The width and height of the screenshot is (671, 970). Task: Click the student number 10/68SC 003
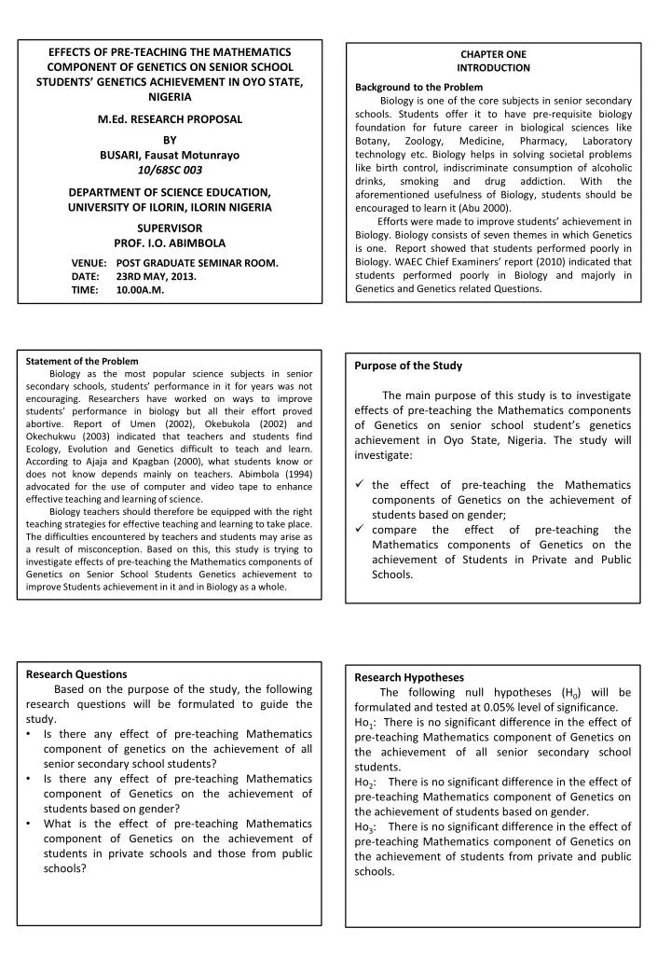[170, 170]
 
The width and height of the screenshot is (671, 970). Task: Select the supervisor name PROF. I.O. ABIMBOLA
[170, 242]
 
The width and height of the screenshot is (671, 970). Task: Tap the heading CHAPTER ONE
[493, 54]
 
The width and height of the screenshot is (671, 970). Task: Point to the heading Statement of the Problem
[82, 361]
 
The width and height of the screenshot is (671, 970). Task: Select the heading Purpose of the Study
[408, 366]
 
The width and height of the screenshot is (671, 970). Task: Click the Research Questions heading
[76, 673]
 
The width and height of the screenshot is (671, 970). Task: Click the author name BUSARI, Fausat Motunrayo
[170, 154]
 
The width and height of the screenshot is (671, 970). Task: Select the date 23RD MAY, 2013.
[157, 277]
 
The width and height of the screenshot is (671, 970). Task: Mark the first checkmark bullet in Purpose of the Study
[359, 485]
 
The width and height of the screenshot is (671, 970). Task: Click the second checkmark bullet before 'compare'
[359, 530]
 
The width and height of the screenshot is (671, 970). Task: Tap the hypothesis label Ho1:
[365, 723]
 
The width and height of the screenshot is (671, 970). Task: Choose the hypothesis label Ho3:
[365, 827]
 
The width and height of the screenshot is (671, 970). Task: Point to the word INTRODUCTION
[493, 68]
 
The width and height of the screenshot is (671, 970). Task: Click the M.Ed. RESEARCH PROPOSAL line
[170, 119]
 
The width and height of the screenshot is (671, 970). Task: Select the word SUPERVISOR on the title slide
[170, 227]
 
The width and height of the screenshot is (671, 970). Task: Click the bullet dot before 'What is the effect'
[31, 824]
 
